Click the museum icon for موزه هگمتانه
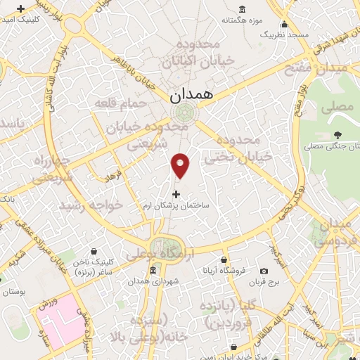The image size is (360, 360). [242, 9]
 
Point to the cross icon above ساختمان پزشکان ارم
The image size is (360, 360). [176, 193]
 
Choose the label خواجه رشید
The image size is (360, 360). [91, 205]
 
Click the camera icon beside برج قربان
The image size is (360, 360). [264, 271]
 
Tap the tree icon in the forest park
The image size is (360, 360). [338, 134]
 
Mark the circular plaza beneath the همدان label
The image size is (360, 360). [184, 112]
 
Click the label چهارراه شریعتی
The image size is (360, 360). [52, 169]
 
